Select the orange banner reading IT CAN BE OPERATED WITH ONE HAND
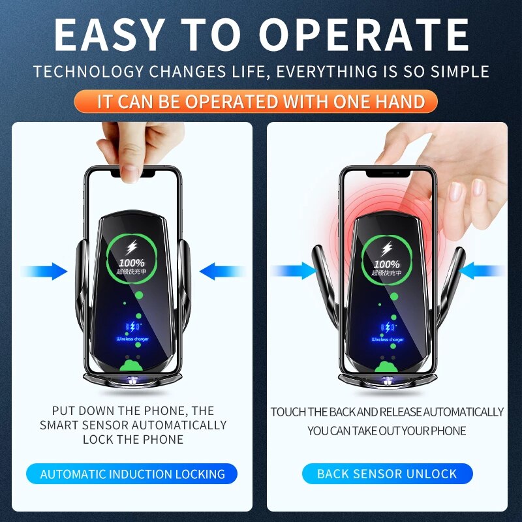pyautogui.click(x=261, y=102)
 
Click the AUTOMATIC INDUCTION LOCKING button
pyautogui.click(x=132, y=474)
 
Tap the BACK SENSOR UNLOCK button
pyautogui.click(x=387, y=474)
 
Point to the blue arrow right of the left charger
pyautogui.click(x=220, y=271)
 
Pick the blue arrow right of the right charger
pyautogui.click(x=484, y=271)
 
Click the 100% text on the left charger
pyautogui.click(x=133, y=264)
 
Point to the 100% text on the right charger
pyautogui.click(x=387, y=264)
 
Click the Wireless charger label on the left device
pyautogui.click(x=133, y=339)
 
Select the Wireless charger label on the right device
pyautogui.click(x=388, y=339)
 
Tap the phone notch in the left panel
pyautogui.click(x=134, y=174)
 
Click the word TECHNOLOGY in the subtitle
pyautogui.click(x=89, y=71)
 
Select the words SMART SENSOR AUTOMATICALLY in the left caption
pyautogui.click(x=133, y=425)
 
